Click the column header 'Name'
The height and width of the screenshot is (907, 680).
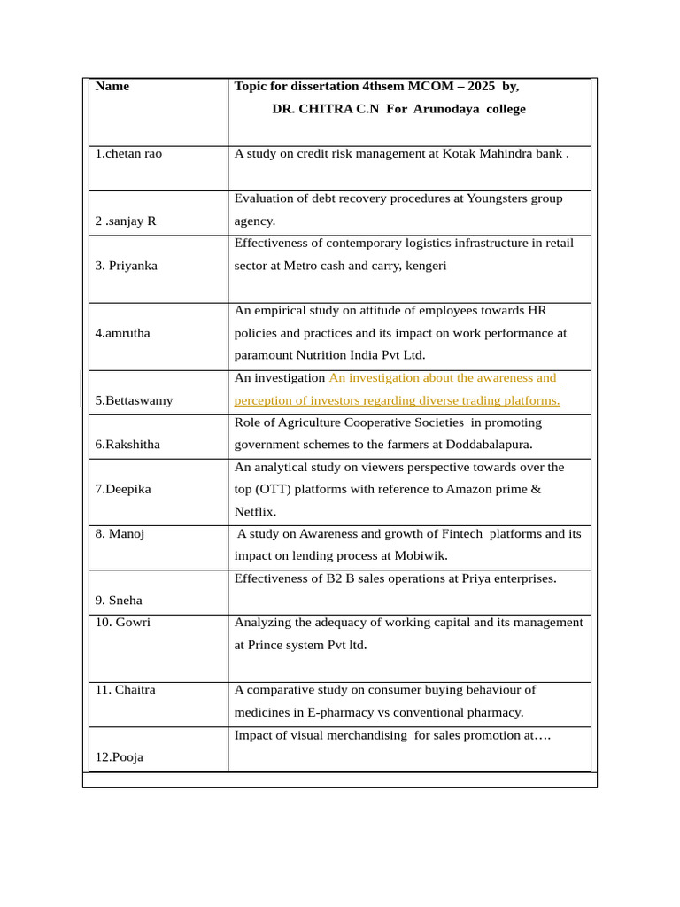112,86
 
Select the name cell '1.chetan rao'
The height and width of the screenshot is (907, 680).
128,153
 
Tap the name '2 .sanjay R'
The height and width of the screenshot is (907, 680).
126,221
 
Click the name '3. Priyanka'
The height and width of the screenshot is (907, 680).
126,265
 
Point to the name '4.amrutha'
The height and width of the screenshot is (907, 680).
122,333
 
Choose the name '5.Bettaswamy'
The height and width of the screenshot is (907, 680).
134,400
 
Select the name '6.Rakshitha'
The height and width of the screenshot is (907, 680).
127,444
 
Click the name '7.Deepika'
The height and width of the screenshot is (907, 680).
123,489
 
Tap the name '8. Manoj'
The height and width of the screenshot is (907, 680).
120,533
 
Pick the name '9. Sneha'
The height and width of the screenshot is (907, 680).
119,600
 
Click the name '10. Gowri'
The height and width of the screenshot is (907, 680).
122,622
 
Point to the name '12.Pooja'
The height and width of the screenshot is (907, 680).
120,757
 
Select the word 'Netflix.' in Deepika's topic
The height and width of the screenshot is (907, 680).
257,511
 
